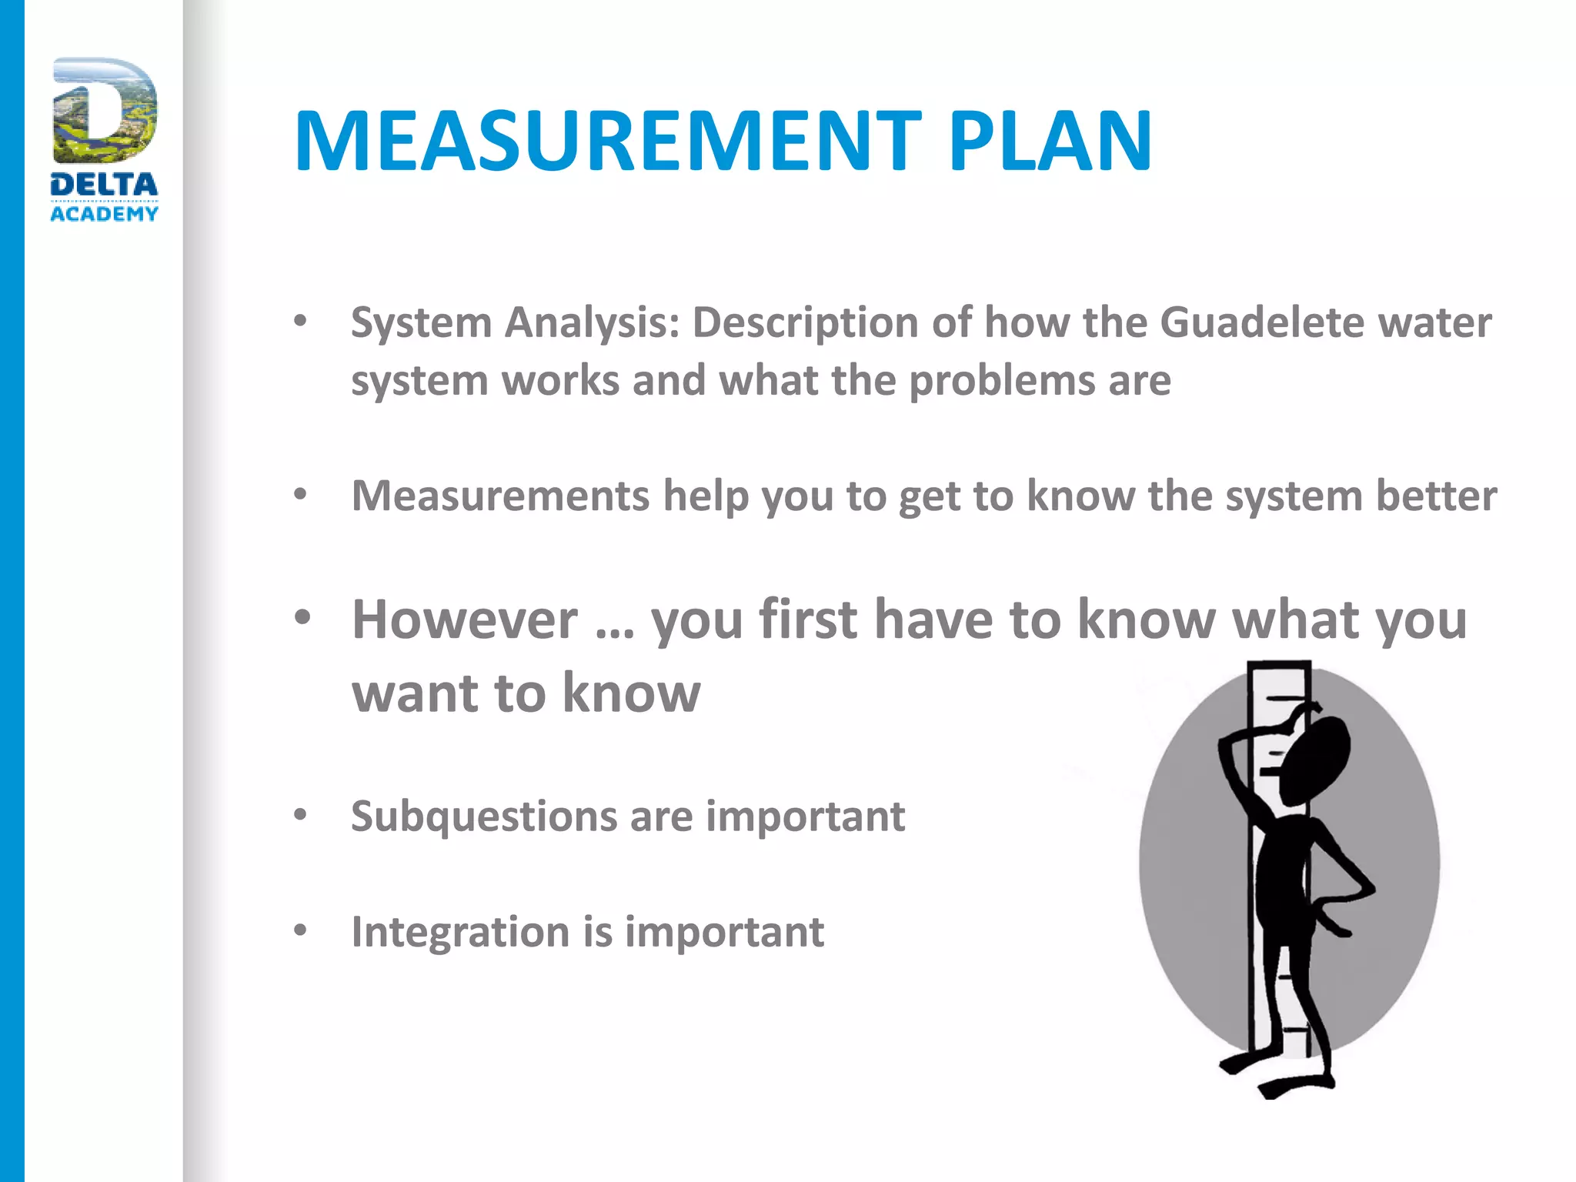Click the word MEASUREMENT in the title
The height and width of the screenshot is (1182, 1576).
click(x=607, y=142)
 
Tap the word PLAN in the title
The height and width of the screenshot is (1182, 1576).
click(x=1050, y=142)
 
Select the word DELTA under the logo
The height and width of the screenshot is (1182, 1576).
click(x=104, y=185)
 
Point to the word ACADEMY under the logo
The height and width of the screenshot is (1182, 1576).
click(x=104, y=214)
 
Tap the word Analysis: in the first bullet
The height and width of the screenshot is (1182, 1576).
click(x=593, y=323)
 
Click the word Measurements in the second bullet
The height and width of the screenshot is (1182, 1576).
click(x=500, y=496)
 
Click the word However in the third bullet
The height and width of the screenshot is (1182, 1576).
click(x=465, y=619)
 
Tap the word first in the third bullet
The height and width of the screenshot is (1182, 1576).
click(x=808, y=619)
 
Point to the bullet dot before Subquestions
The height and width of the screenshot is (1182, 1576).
click(x=301, y=814)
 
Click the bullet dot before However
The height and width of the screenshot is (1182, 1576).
click(x=302, y=617)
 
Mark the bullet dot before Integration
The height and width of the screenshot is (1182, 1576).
click(x=301, y=930)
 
